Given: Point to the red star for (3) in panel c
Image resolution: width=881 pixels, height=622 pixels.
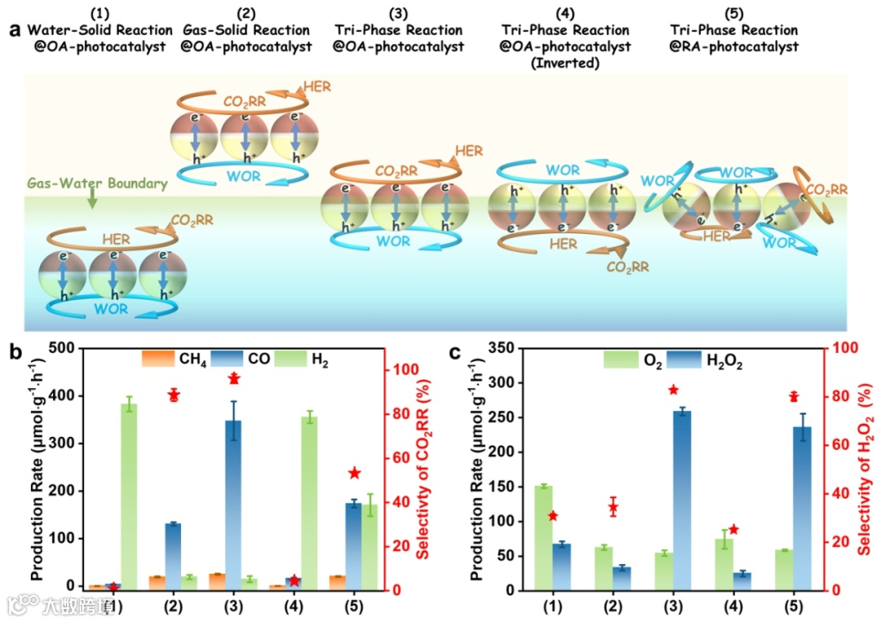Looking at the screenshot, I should (x=673, y=390).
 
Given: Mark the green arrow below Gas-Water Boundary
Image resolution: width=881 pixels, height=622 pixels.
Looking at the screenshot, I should (x=91, y=198).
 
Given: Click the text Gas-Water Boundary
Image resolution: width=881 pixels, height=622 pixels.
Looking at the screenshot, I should (x=96, y=183).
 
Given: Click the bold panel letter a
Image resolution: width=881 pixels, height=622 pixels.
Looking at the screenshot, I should (x=14, y=31).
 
